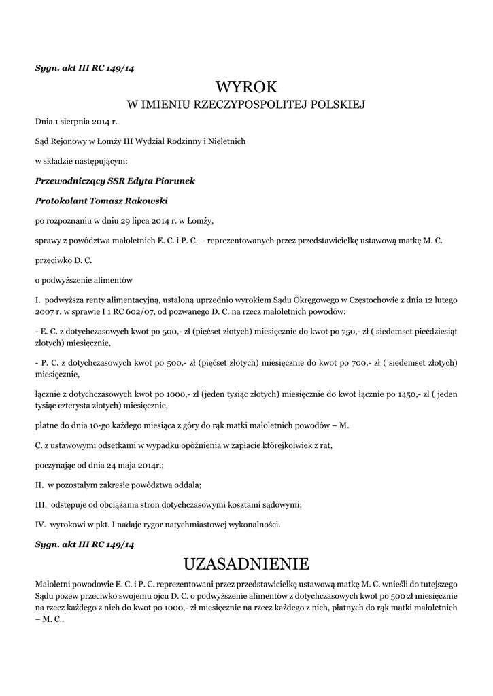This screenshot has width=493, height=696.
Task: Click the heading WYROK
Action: [x=246, y=87]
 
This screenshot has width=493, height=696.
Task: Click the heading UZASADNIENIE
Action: [x=246, y=563]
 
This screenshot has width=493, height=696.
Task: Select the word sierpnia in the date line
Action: [x=74, y=122]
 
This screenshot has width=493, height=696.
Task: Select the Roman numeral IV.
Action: [x=40, y=524]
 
